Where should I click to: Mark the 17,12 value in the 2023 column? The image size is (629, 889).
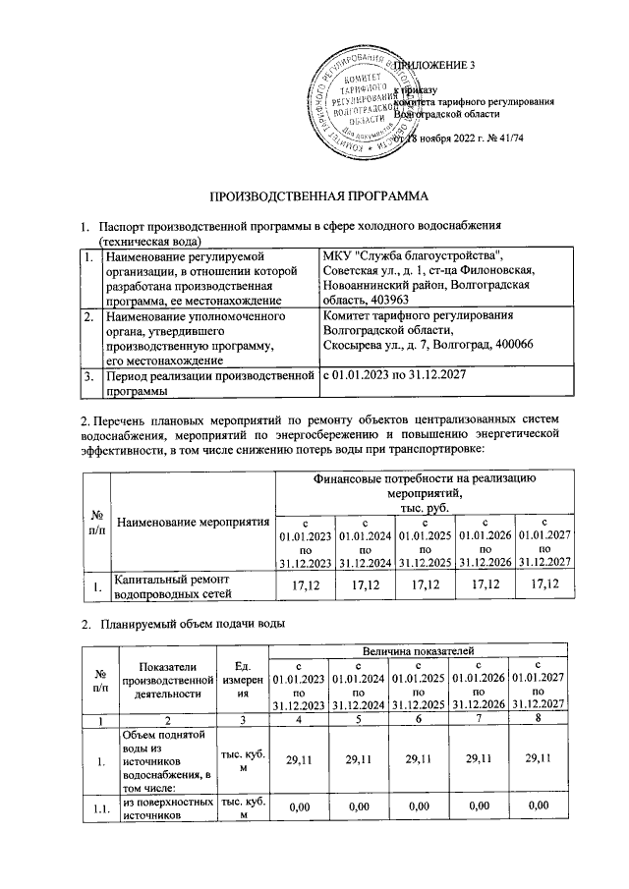(303, 585)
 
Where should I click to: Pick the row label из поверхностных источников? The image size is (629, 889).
(164, 806)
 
